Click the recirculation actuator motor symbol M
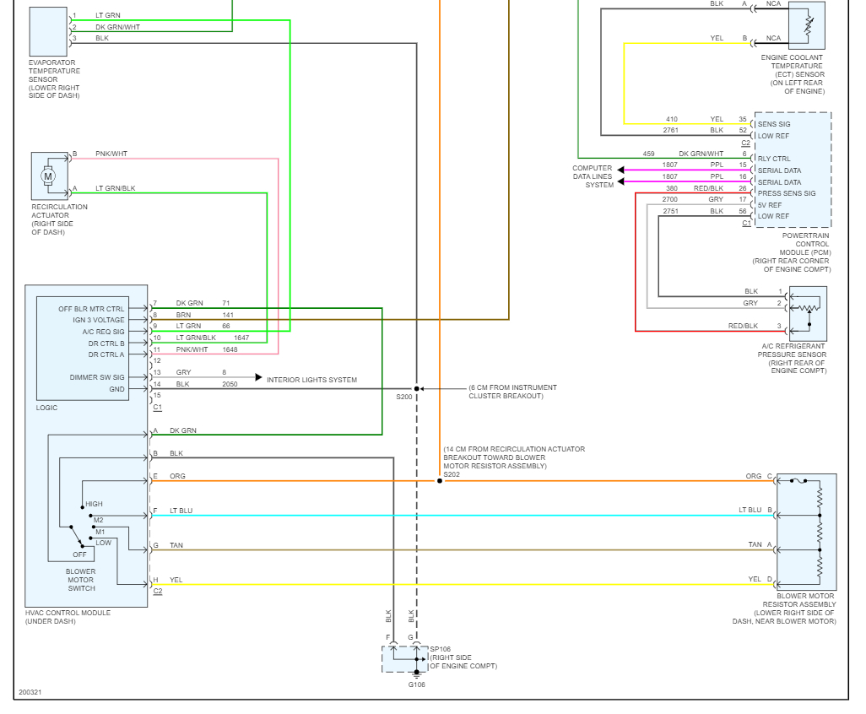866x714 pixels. click(x=48, y=176)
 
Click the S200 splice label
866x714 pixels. click(x=404, y=396)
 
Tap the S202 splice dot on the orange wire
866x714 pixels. click(x=440, y=481)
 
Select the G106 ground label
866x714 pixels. click(x=416, y=684)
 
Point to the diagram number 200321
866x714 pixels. click(x=30, y=692)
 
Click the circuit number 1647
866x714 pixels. click(x=241, y=338)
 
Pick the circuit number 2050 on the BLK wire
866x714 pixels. click(x=230, y=384)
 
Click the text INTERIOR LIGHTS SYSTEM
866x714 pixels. click(x=311, y=380)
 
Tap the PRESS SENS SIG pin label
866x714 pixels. click(x=787, y=193)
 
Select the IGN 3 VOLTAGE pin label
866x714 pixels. click(x=99, y=320)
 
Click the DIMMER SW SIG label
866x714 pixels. click(x=97, y=377)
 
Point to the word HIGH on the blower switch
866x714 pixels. click(x=94, y=504)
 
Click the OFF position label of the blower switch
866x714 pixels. click(x=79, y=554)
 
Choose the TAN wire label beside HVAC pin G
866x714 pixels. click(x=176, y=545)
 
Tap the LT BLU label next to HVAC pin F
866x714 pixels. click(x=181, y=511)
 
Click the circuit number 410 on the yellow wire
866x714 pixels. click(x=671, y=119)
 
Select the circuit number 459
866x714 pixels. click(x=648, y=154)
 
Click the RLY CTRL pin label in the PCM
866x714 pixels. click(x=774, y=159)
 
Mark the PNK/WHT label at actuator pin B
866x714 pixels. click(x=111, y=154)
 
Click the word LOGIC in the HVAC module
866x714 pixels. click(x=47, y=408)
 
